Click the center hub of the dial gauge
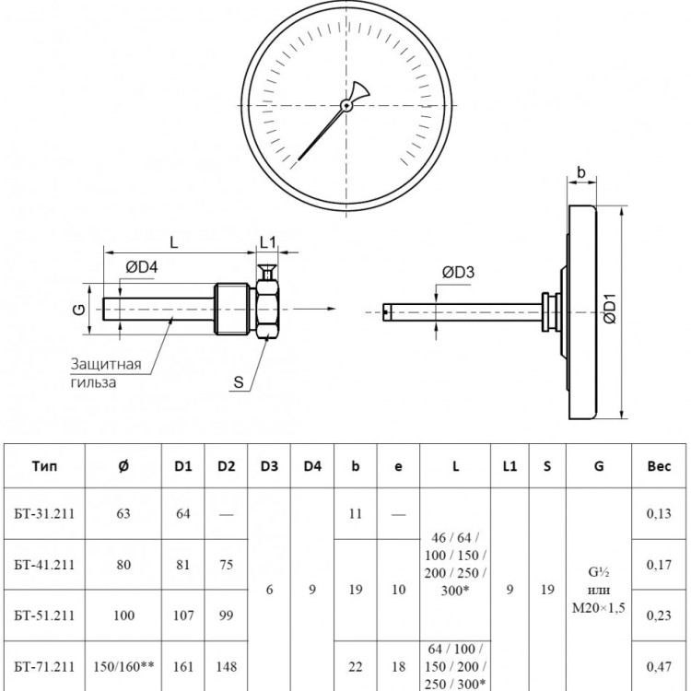click(x=346, y=105)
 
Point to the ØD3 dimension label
click(x=458, y=273)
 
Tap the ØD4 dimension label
click(x=142, y=267)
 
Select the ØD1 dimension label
click(x=610, y=309)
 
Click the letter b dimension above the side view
click(x=581, y=172)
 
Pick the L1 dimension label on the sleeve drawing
click(x=267, y=242)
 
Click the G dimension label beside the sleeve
click(x=79, y=310)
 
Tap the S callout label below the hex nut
click(x=239, y=381)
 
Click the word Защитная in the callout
click(x=106, y=364)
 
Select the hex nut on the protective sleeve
click(x=267, y=310)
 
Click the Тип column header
click(x=44, y=466)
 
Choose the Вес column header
click(x=659, y=466)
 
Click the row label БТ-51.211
click(x=44, y=615)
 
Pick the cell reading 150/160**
click(x=123, y=666)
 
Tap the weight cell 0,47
click(x=659, y=667)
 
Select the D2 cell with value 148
click(x=226, y=666)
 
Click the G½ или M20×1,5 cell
click(x=599, y=590)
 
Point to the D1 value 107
click(x=183, y=615)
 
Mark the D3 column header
click(x=269, y=466)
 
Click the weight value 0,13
click(x=659, y=513)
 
